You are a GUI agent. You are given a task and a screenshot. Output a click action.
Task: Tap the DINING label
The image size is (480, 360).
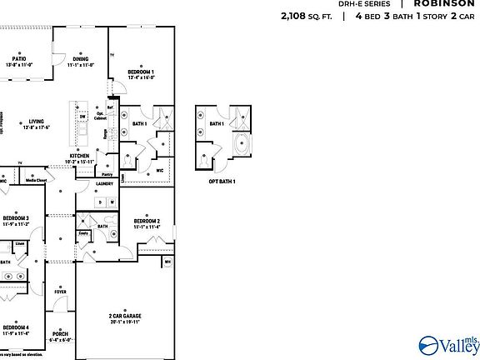[81, 59]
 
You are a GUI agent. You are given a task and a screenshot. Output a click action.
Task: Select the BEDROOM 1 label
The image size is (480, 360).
[140, 72]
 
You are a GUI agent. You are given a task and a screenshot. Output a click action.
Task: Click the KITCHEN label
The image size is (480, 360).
[79, 155]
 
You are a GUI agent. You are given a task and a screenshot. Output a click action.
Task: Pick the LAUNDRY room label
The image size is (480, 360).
[105, 183]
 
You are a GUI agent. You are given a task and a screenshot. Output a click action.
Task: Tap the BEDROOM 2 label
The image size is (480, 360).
[147, 222]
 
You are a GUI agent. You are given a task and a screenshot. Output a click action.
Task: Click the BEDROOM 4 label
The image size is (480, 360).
[17, 327]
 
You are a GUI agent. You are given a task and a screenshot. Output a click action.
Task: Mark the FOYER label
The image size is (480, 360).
[61, 292]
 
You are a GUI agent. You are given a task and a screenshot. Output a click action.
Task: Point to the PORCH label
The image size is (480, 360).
[61, 335]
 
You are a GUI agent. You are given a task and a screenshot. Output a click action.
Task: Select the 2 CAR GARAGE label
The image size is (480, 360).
[123, 316]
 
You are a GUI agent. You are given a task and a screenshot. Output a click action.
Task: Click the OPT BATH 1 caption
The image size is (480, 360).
[222, 181]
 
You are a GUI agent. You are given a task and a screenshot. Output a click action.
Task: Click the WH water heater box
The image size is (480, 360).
[167, 262]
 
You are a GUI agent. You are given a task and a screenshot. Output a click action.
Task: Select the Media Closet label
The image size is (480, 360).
[36, 180]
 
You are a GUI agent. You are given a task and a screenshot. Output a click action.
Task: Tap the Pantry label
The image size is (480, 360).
[107, 174]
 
